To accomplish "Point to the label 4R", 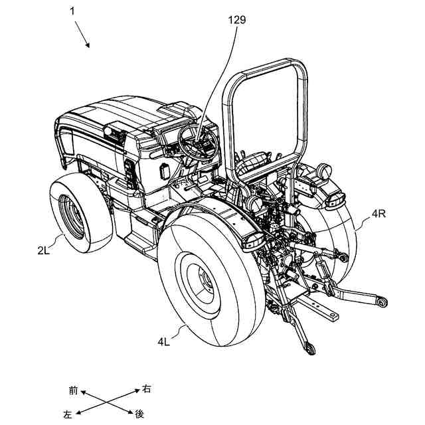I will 379,213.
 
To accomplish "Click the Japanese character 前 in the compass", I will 73,389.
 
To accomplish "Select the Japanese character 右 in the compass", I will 147,389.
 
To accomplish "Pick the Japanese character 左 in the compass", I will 67,414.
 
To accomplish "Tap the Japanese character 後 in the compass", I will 139,414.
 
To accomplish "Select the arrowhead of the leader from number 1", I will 88,46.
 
